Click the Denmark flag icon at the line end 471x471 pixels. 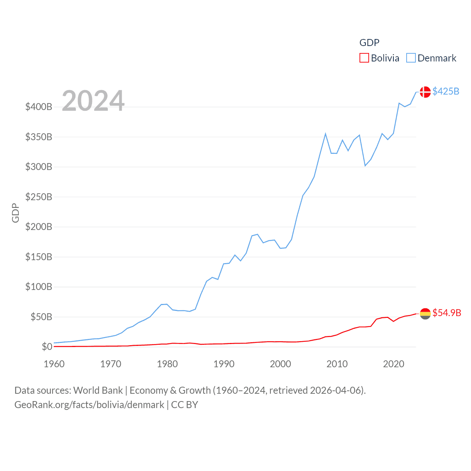425,92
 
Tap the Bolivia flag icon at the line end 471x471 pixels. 425,314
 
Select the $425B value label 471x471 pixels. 446,91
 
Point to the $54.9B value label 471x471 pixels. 447,313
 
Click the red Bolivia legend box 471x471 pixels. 364,58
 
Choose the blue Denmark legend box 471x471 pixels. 411,58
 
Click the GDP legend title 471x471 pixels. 369,43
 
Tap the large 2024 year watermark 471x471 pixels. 93,101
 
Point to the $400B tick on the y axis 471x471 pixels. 39,107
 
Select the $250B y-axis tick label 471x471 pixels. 39,197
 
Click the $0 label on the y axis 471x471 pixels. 47,347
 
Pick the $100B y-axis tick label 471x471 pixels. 39,287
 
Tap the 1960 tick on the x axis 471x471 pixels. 54,364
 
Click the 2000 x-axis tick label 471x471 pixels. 280,364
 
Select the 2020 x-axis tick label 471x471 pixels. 393,364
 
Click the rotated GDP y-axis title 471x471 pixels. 15,213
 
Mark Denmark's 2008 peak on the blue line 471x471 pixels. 325,134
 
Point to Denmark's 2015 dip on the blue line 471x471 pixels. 365,166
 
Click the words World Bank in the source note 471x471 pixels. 98,390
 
